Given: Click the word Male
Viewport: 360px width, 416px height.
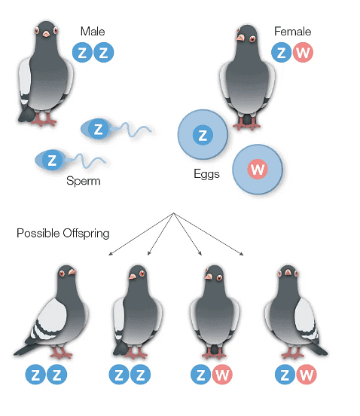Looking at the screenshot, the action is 93,32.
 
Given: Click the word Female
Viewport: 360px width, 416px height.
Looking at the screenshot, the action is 292,32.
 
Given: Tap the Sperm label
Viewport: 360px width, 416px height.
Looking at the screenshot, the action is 84,181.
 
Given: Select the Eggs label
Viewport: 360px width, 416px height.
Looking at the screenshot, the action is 207,174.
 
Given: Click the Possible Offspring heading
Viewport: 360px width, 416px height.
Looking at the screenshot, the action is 63,234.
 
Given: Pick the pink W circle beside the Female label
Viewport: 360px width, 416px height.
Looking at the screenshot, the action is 303,52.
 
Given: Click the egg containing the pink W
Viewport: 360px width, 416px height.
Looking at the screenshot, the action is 258,169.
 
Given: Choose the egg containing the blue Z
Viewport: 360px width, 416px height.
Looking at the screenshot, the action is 203,135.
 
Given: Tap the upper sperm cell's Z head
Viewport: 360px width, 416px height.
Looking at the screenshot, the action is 99,129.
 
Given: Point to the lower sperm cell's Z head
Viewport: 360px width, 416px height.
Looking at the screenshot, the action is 52,160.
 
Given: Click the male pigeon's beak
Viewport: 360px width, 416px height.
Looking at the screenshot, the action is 46,34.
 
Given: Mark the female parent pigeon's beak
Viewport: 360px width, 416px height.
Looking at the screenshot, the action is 240,38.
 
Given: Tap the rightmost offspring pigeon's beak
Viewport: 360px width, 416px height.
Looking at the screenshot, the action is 288,272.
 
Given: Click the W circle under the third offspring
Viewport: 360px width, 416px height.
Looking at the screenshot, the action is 222,375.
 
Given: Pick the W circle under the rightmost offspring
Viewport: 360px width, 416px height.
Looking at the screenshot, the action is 307,375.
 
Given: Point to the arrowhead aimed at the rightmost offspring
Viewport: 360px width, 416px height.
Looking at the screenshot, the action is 242,254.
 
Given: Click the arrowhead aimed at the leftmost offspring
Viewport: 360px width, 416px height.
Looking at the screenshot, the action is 110,254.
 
